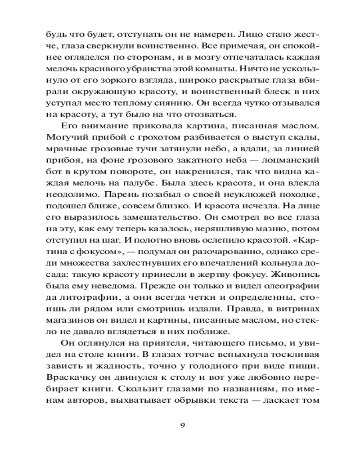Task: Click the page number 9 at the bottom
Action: coord(182,426)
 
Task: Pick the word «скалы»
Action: coord(304,135)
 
